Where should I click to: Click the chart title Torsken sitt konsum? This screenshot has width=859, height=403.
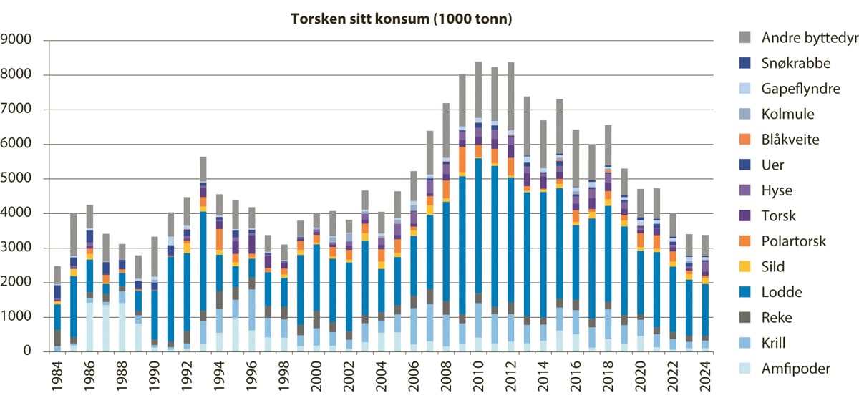[x=401, y=19]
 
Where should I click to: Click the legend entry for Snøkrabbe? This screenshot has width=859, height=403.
[x=795, y=63]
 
